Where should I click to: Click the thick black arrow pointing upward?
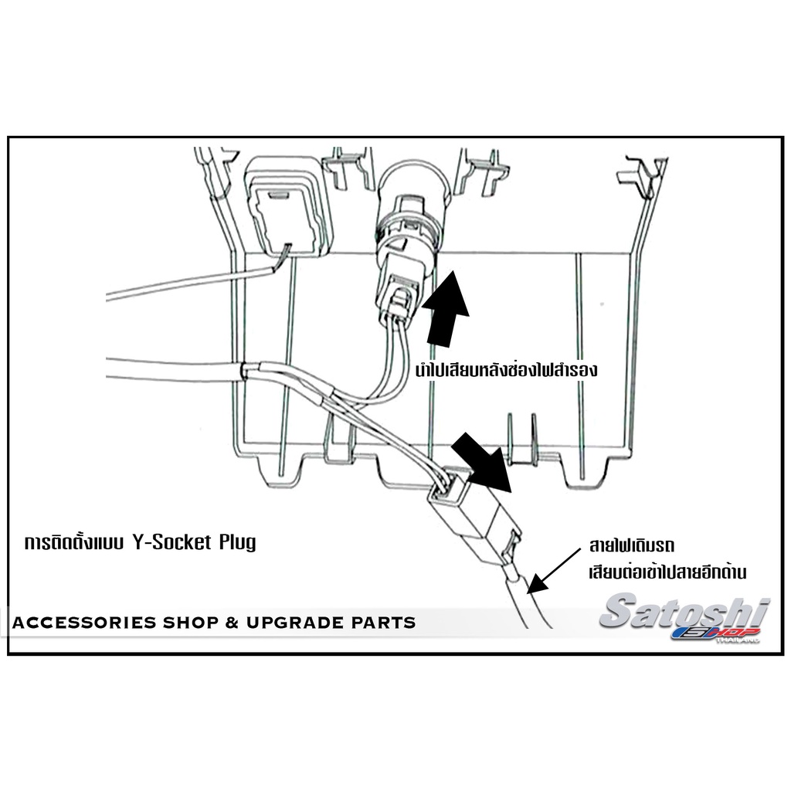click(x=446, y=309)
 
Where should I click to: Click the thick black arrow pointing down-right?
click(x=482, y=462)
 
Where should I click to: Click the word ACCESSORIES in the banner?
click(x=83, y=623)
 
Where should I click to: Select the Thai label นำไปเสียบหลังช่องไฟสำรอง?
click(x=506, y=369)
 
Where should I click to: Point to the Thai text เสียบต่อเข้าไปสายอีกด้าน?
click(x=667, y=572)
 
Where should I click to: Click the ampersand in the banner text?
click(x=232, y=623)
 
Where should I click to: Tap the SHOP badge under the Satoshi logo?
click(x=716, y=633)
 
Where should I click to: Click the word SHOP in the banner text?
click(x=190, y=623)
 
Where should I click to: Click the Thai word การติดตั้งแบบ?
click(x=75, y=542)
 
